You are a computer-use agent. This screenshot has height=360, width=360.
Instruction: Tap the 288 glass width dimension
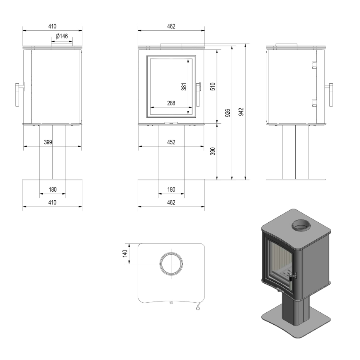tap(170, 103)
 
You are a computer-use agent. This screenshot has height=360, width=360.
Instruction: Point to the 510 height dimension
tap(212, 86)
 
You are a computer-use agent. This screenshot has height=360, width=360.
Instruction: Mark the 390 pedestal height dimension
tap(212, 151)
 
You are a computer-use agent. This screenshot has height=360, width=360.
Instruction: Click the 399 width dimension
tap(48, 142)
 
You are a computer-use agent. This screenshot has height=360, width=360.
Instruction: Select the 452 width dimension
tap(171, 142)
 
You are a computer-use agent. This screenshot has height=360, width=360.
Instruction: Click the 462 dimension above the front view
tap(171, 26)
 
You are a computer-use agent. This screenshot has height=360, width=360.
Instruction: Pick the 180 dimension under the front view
tap(171, 190)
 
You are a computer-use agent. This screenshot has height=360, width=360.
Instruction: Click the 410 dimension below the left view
tap(52, 202)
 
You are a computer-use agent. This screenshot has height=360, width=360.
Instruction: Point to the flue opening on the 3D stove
tap(301, 226)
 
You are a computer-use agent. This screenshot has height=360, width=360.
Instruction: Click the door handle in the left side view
tap(19, 94)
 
